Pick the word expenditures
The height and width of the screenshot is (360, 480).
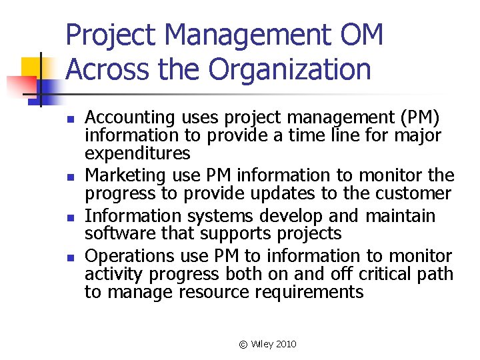click(137, 154)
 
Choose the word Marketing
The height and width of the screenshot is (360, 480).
click(125, 175)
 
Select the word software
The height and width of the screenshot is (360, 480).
click(117, 233)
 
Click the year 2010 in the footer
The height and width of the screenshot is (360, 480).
click(285, 344)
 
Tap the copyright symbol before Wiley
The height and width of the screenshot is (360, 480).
click(243, 344)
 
